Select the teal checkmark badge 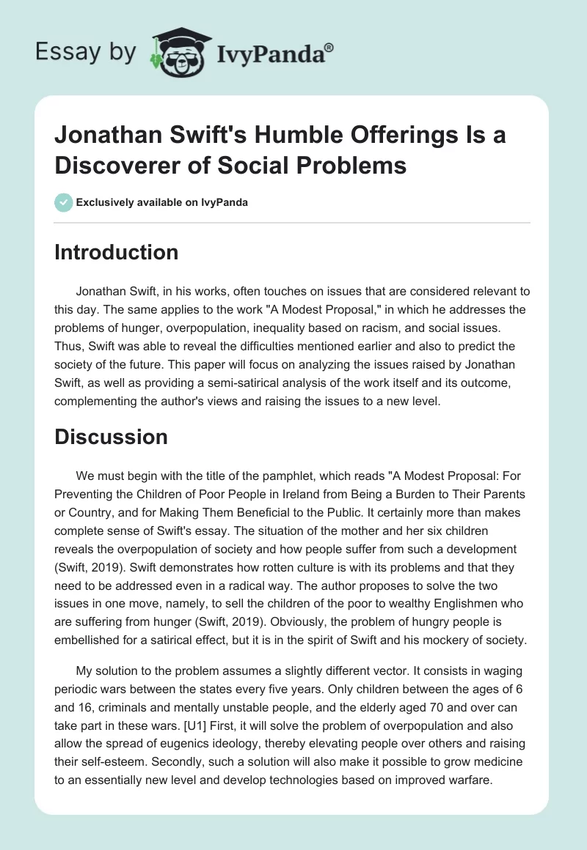(64, 202)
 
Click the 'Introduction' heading (117, 252)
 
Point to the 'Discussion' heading (112, 437)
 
